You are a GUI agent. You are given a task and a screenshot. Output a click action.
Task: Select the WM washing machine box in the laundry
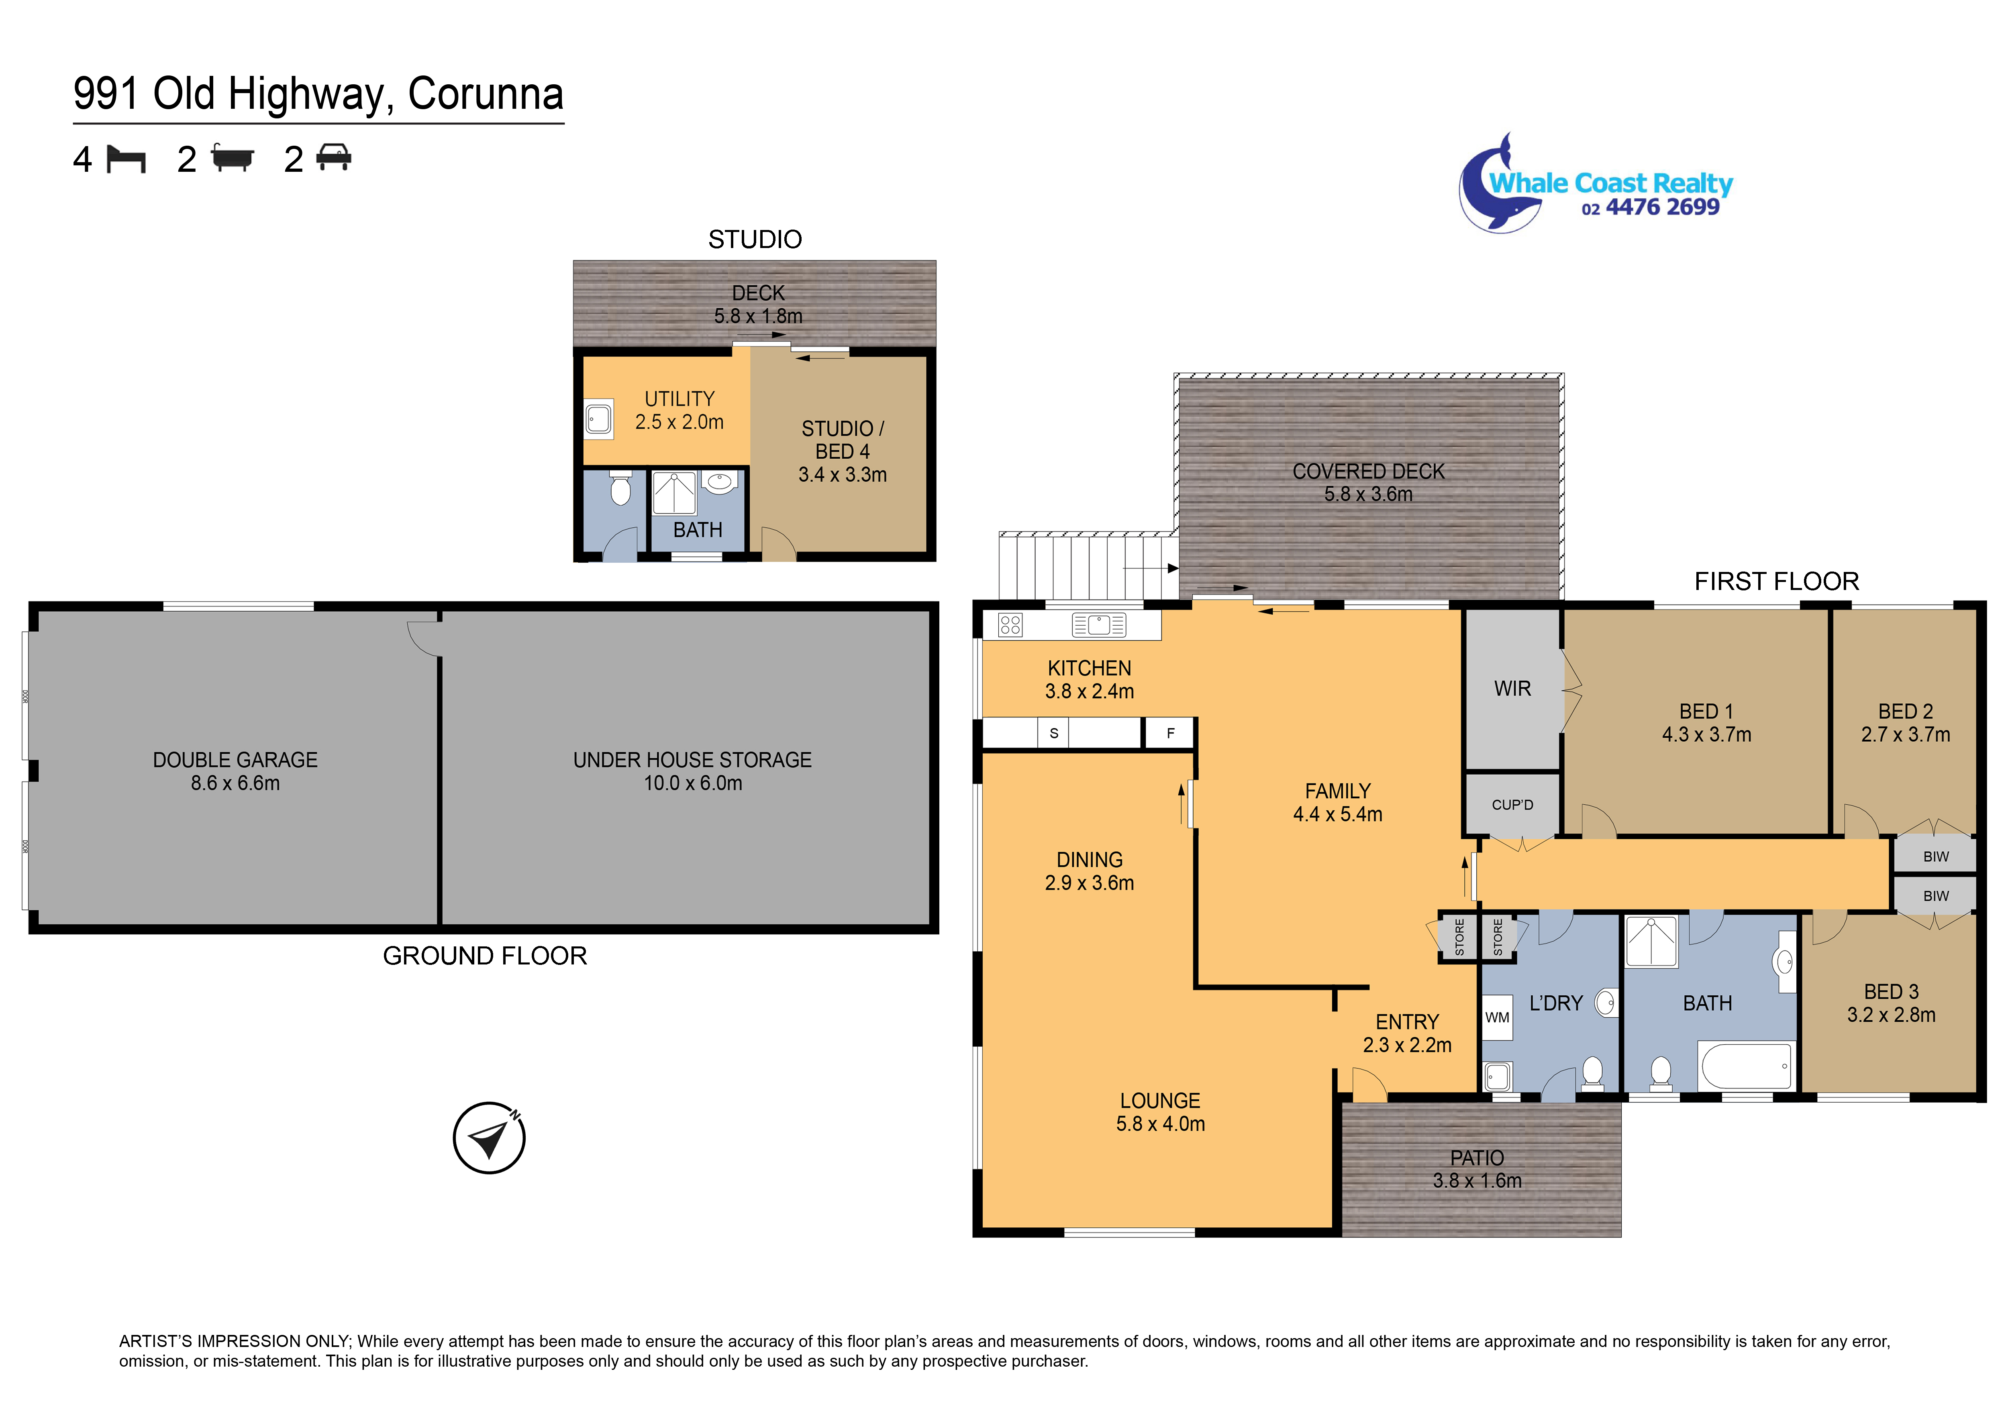(x=1497, y=1017)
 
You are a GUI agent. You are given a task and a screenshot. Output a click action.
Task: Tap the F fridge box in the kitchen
(x=1170, y=733)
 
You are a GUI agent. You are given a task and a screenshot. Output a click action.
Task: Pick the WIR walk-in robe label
(x=1512, y=689)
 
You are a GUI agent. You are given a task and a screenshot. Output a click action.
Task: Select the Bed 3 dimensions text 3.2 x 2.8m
(x=1891, y=1015)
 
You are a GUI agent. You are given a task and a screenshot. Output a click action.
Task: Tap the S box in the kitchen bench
(x=1054, y=733)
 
